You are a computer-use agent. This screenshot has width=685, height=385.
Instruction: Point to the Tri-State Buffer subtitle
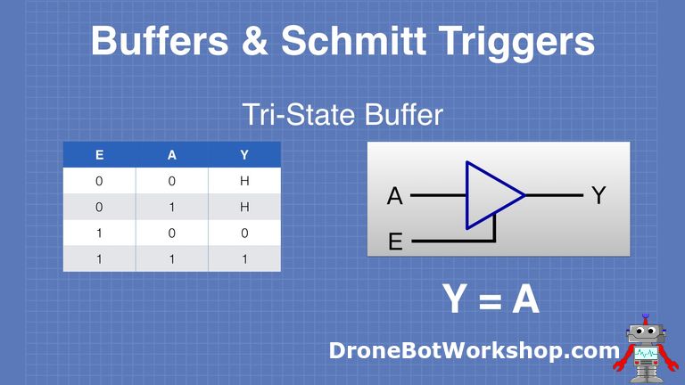(342, 115)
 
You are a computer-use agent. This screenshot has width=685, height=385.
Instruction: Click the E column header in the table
(99, 155)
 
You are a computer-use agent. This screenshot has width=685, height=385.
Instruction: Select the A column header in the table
(171, 155)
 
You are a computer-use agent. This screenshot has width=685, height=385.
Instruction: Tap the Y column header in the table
(244, 155)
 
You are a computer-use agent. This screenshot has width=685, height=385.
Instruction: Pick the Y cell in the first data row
(244, 181)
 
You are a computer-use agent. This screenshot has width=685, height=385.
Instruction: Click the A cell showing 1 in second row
(171, 207)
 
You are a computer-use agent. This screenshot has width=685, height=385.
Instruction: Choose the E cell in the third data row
(99, 233)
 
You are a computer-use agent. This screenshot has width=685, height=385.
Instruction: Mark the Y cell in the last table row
(244, 258)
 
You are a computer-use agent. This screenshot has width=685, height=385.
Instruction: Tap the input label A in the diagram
(395, 196)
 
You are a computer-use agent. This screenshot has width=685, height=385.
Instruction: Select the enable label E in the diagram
(395, 242)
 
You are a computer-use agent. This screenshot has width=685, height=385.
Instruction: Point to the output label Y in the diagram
(599, 196)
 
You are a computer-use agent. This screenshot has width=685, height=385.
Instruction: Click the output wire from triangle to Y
(553, 195)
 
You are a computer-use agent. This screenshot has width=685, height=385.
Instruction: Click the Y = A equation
(491, 300)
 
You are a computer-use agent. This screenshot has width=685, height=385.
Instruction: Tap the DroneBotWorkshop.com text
(474, 351)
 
